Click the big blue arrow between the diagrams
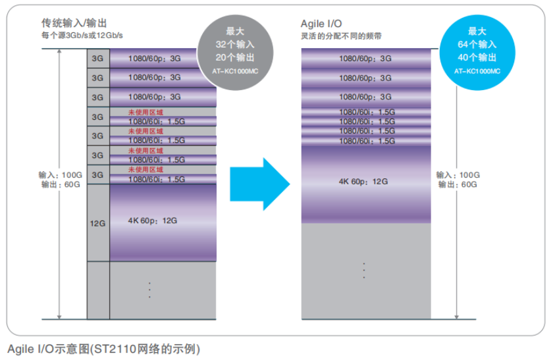pos(260,184)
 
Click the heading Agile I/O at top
pos(321,23)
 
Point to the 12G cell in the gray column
pos(97,223)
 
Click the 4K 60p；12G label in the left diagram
pos(152,220)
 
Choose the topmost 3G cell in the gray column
pos(97,59)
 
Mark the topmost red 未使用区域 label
pos(145,113)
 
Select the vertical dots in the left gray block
pos(150,290)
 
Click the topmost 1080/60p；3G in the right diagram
pos(365,58)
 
